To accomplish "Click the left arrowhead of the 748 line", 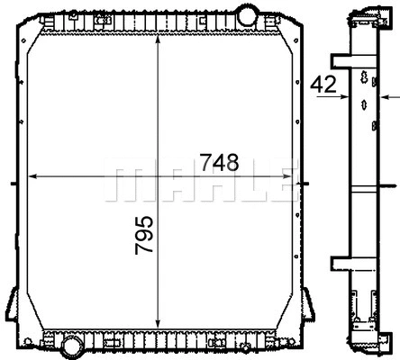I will (x=34, y=175).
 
